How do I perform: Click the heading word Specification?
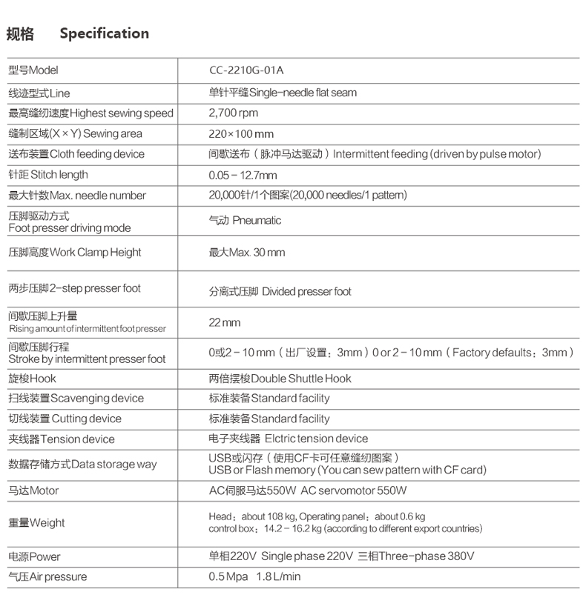pos(104,33)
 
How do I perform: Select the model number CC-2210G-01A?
pos(246,71)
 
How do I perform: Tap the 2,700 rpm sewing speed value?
pos(234,113)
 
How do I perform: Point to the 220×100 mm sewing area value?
pos(241,134)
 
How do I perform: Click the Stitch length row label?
pos(48,175)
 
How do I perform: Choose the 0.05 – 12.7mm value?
pos(243,176)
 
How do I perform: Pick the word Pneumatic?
pos(257,221)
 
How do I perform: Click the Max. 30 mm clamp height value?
pos(246,253)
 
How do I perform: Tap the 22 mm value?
pos(225,323)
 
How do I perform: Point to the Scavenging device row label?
pos(76,399)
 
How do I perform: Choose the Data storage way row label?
pos(82,465)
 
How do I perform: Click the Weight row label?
pos(36,522)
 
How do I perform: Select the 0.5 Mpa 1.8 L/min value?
pos(254,577)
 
